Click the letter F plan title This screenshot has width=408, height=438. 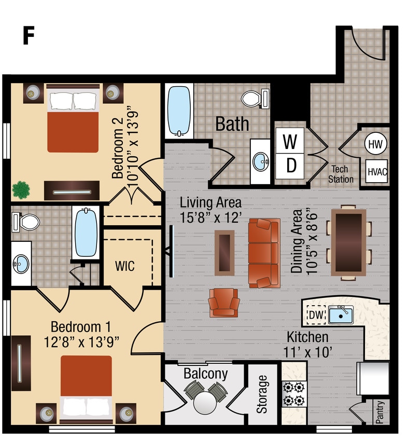tap(29, 36)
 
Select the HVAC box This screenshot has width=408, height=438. tap(377, 170)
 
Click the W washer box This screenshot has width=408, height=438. tap(291, 140)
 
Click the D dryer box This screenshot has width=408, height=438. tap(291, 165)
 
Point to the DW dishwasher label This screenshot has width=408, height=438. tap(315, 314)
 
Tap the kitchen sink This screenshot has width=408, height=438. tap(341, 314)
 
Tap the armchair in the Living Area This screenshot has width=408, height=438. tap(224, 303)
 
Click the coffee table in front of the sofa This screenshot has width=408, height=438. tap(223, 252)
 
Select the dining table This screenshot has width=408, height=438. tap(348, 242)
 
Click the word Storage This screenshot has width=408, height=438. tap(262, 394)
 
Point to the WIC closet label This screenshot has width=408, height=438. tap(125, 267)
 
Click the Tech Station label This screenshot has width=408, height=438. tap(341, 174)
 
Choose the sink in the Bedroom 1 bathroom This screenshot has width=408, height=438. tap(21, 264)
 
